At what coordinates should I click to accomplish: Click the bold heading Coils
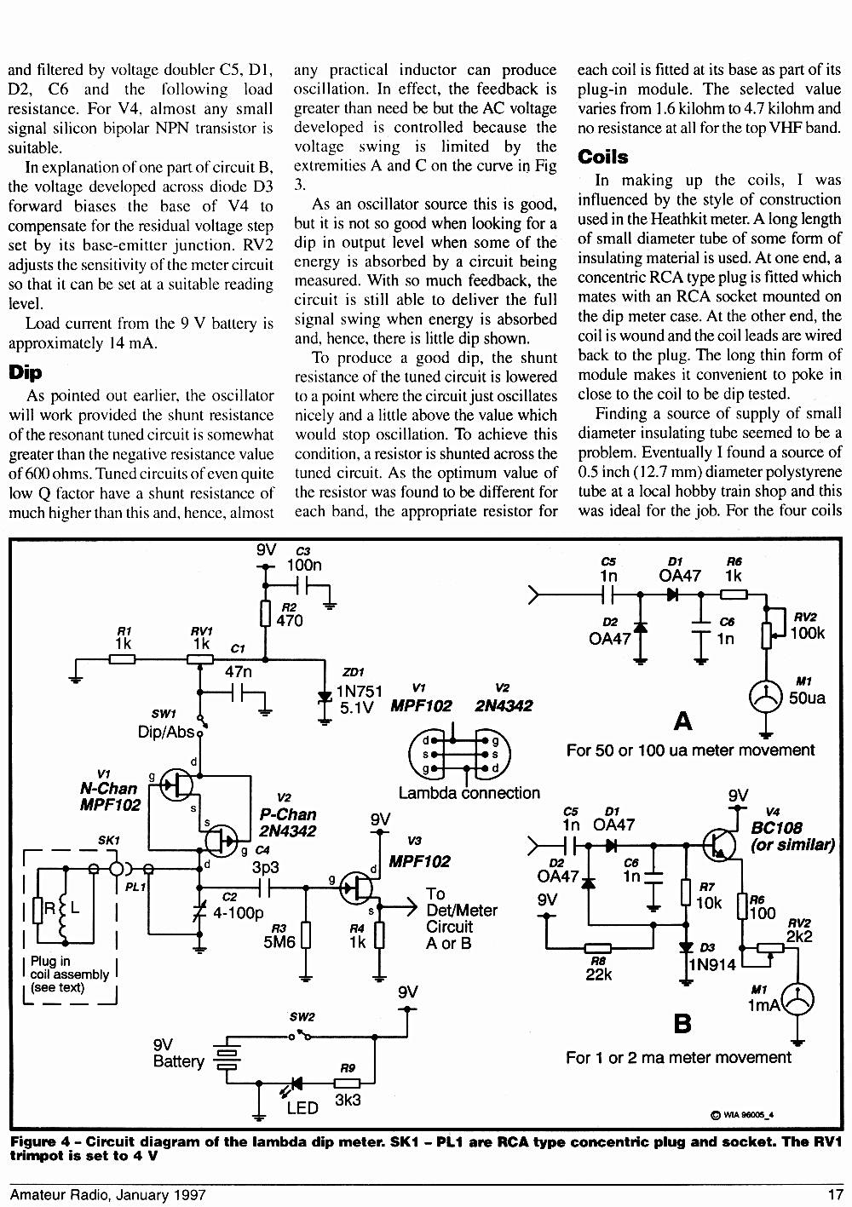(x=602, y=157)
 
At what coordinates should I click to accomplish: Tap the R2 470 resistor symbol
(x=265, y=614)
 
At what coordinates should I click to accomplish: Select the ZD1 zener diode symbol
(x=324, y=698)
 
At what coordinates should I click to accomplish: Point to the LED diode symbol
(x=296, y=1083)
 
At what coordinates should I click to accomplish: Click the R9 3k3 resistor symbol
(x=347, y=1083)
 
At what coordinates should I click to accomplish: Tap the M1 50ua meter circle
(x=766, y=697)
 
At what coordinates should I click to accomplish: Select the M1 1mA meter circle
(x=797, y=1000)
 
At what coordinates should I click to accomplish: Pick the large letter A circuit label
(x=682, y=721)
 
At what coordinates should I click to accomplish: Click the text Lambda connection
(x=469, y=793)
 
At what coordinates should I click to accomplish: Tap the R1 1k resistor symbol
(x=122, y=658)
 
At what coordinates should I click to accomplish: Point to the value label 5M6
(x=279, y=941)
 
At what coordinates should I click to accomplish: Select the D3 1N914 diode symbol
(x=686, y=946)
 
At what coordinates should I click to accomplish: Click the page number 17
(x=835, y=1194)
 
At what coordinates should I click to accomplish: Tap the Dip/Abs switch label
(x=166, y=732)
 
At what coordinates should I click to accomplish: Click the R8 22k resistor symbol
(x=597, y=947)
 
